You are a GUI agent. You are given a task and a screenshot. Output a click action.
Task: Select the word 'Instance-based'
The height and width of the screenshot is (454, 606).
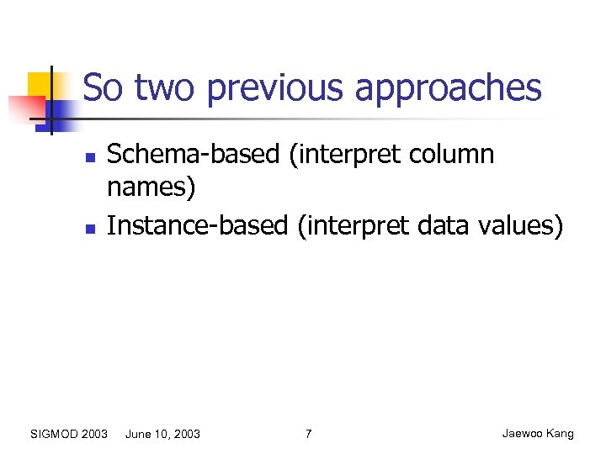[x=197, y=225]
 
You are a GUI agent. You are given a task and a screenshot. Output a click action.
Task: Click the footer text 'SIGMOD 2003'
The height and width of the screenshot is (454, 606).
[x=68, y=434]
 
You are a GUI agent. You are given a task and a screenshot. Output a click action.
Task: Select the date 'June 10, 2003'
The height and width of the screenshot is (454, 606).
[x=162, y=434]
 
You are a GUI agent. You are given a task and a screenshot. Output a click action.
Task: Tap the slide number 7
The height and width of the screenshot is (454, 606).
[x=308, y=434]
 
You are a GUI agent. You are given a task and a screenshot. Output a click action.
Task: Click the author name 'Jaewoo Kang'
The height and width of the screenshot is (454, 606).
[x=538, y=434]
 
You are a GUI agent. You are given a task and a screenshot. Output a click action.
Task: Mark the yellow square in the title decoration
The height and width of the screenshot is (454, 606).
[x=42, y=84]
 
